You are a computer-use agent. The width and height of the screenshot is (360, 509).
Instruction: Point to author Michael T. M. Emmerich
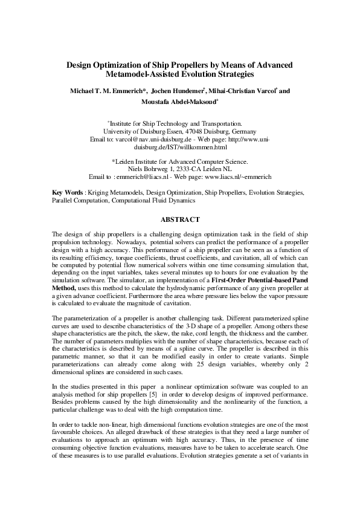coord(109,91)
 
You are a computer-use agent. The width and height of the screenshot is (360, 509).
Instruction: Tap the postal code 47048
coord(185,131)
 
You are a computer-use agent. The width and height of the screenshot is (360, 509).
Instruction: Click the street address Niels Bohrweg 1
coord(144,169)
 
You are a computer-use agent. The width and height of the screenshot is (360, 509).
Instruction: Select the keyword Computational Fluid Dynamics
coord(153,200)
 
